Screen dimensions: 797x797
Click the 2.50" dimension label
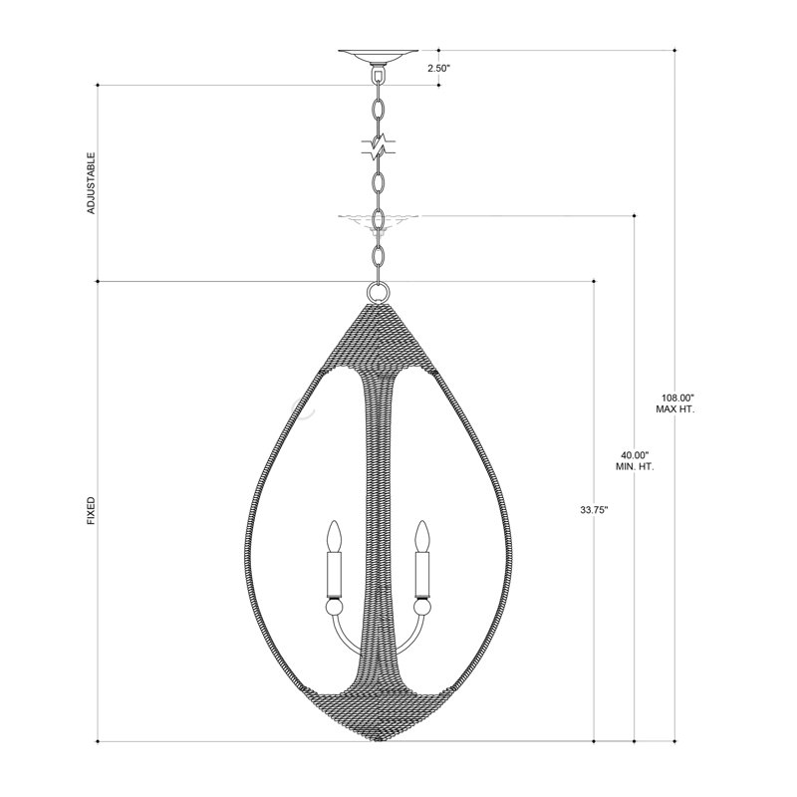pos(439,69)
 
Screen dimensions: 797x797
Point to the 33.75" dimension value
pos(594,509)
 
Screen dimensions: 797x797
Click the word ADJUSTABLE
pos(91,183)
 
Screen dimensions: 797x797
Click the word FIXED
pos(91,511)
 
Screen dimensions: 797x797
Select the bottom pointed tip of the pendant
pos(379,739)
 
